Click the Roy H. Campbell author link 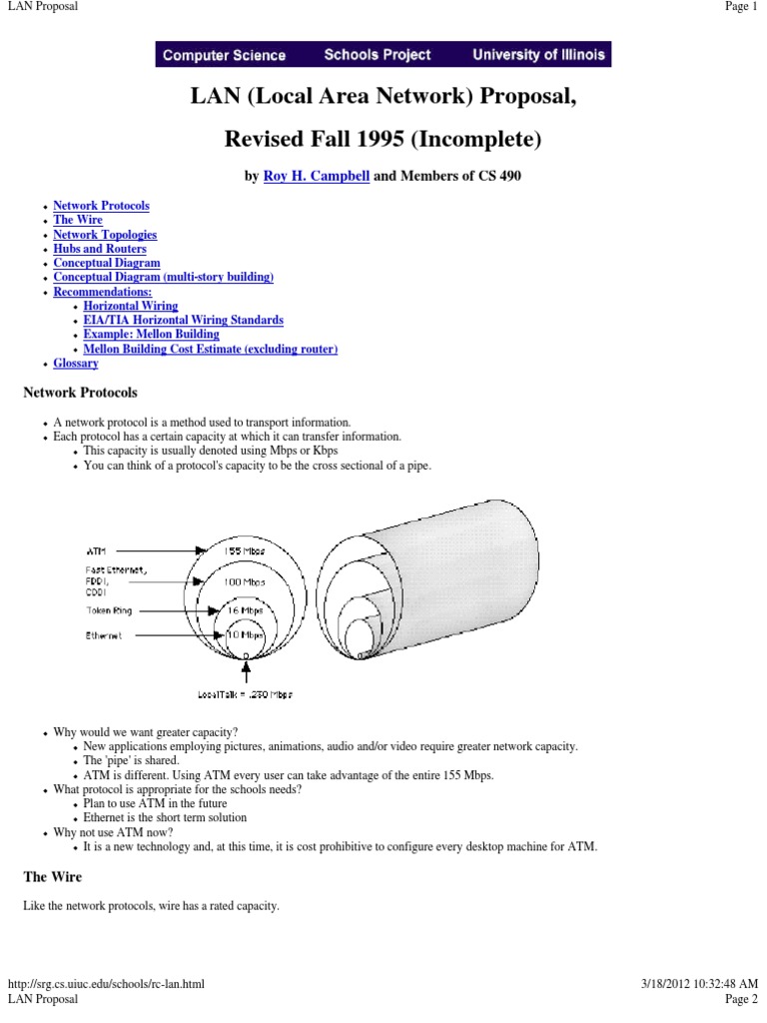pos(317,176)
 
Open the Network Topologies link pos(105,235)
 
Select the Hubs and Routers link pos(100,249)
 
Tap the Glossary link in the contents pos(76,364)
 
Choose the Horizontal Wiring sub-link pos(131,306)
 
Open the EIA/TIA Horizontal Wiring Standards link pos(184,321)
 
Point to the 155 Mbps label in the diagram pos(245,549)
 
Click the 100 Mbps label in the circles pos(245,581)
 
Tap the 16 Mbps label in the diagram pos(245,609)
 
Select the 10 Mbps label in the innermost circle pos(245,634)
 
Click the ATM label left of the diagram pos(97,549)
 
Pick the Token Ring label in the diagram pos(108,609)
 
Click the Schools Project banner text pos(378,55)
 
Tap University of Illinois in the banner pos(538,55)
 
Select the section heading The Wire pos(53,877)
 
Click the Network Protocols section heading pos(80,393)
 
